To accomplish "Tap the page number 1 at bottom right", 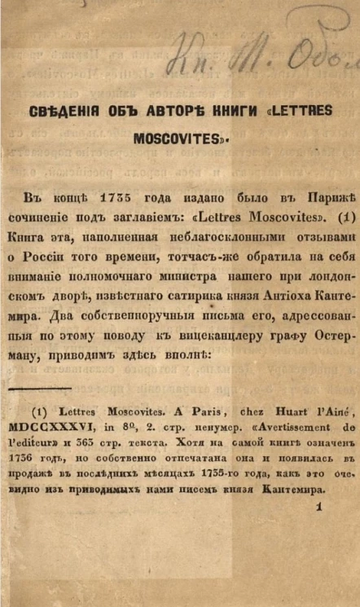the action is tap(320, 506).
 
